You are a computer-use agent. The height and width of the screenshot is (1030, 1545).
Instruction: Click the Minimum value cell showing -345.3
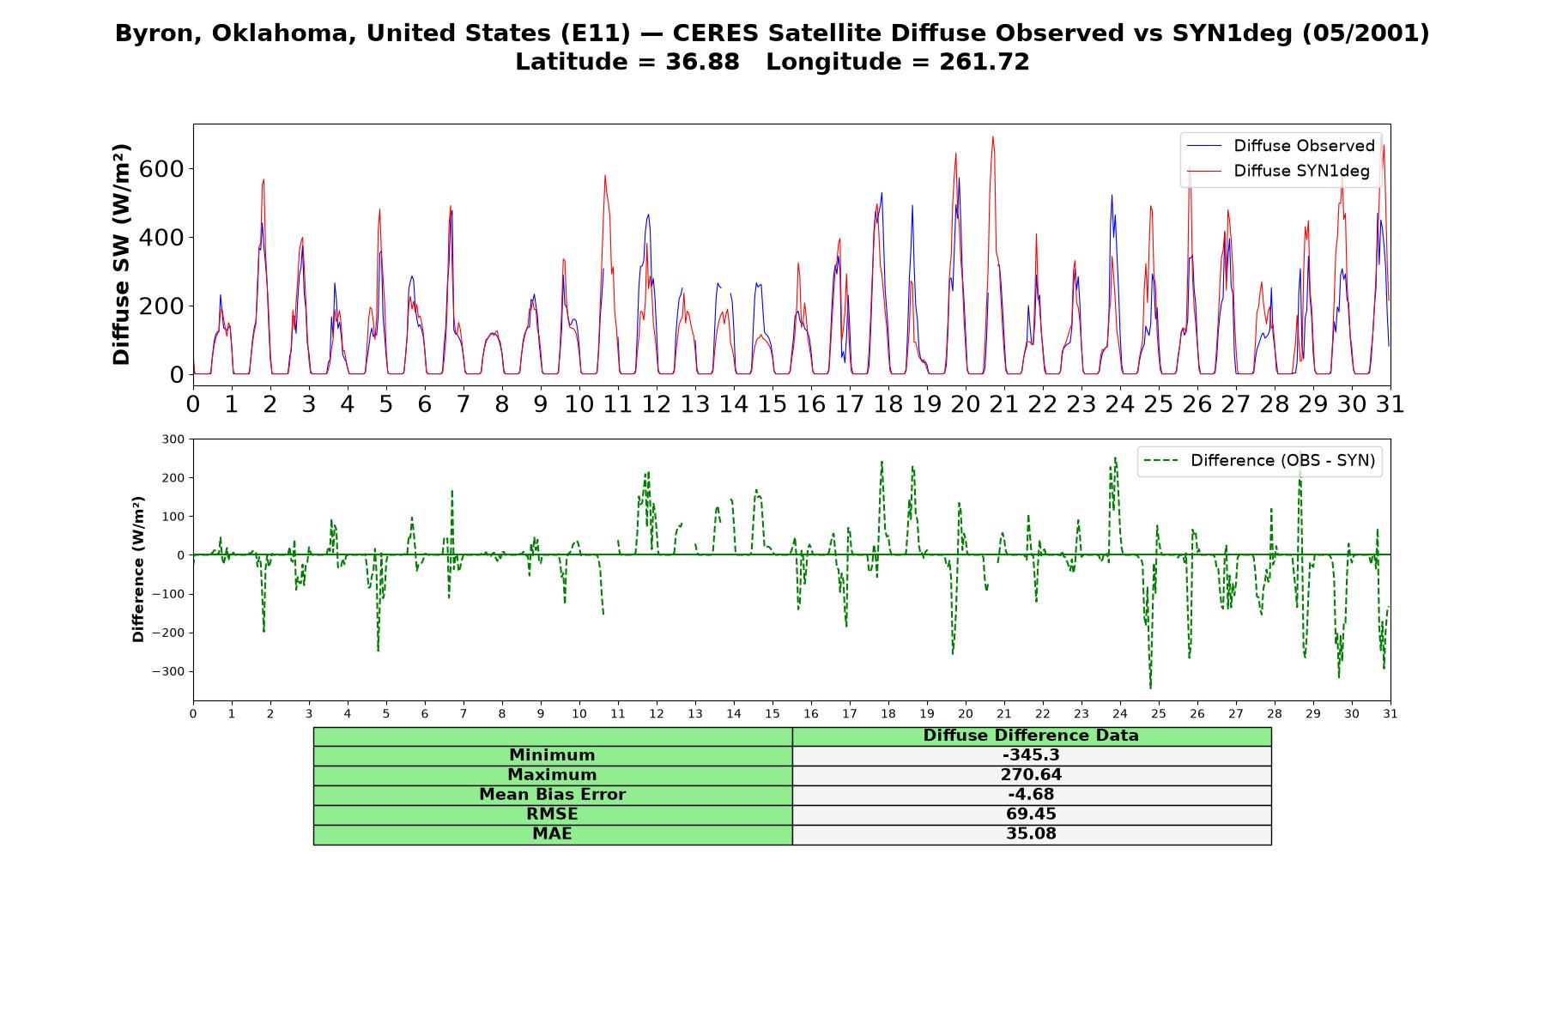[x=1031, y=755]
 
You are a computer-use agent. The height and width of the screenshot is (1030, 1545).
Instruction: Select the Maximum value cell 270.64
[x=1031, y=775]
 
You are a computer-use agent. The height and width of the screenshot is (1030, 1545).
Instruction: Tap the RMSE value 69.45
[x=1031, y=815]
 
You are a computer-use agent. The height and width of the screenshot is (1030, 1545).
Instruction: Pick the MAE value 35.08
[x=1031, y=834]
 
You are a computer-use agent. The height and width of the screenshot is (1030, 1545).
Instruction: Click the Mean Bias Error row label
[x=552, y=795]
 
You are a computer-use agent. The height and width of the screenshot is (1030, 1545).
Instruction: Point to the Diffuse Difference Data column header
[x=1031, y=736]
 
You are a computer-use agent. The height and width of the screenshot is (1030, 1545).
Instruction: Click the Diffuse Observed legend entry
[x=1281, y=146]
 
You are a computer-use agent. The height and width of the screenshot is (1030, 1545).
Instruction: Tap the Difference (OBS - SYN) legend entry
[x=1259, y=461]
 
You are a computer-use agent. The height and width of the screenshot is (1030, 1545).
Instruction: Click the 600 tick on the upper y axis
[x=161, y=168]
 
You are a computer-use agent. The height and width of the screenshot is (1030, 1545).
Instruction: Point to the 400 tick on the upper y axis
[x=161, y=237]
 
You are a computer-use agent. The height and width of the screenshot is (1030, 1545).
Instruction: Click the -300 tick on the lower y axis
[x=168, y=671]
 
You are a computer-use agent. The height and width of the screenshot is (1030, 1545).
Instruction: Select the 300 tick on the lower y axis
[x=173, y=439]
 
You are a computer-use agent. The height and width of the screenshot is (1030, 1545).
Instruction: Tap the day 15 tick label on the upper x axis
[x=772, y=403]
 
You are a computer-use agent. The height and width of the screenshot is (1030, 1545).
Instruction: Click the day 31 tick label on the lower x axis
[x=1390, y=713]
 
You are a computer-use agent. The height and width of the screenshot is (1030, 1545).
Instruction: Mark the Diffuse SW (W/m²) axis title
[x=122, y=255]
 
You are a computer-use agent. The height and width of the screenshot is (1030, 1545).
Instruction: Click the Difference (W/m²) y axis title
[x=138, y=569]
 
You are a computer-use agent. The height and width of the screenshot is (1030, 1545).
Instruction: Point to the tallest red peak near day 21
[x=993, y=136]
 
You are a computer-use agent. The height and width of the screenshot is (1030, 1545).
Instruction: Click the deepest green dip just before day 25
[x=1150, y=687]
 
